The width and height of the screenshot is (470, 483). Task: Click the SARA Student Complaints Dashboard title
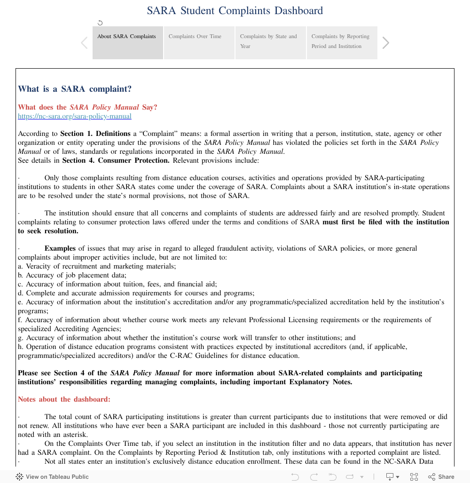coord(235,11)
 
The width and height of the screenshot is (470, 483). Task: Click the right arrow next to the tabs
coord(386,43)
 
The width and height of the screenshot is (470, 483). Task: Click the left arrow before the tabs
coord(84,43)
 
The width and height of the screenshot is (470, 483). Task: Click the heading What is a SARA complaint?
coord(75,89)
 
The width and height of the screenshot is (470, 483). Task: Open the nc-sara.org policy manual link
coord(75,116)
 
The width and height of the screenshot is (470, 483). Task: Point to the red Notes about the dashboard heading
coord(64,399)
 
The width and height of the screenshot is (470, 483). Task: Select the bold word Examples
coord(60,248)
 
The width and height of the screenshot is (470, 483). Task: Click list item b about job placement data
coord(72,275)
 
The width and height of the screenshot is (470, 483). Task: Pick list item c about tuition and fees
coord(117,284)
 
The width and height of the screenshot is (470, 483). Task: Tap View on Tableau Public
coord(53,476)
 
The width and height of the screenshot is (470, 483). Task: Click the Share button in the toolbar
coord(441,476)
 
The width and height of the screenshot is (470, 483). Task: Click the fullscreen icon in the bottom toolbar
coord(414,476)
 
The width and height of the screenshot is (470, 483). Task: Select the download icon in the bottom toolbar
coord(390,476)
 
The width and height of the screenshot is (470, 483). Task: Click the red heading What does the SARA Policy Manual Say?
coord(87,107)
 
